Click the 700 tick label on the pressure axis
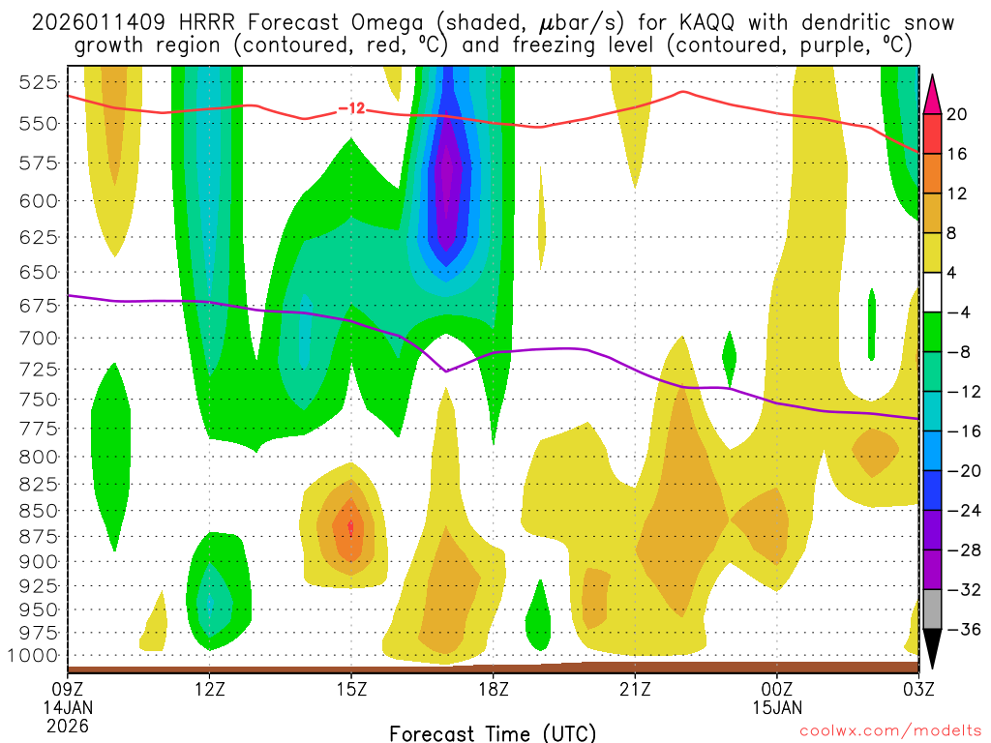[38, 338]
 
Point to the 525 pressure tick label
[38, 82]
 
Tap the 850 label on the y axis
[38, 510]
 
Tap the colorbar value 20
[957, 114]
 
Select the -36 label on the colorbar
[957, 630]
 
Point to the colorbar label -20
[957, 471]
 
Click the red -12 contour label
[351, 108]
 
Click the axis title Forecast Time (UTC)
[493, 732]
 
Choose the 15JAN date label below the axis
[776, 706]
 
